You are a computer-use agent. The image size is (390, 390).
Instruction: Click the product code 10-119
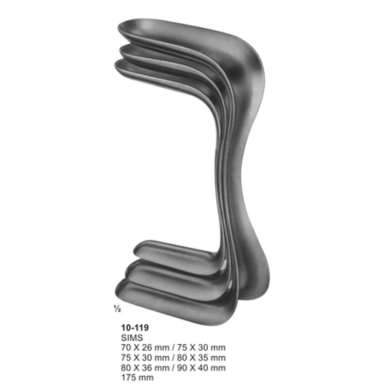click(135, 328)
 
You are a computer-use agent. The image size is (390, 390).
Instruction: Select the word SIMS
click(132, 337)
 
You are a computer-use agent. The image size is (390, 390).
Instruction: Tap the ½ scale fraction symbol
click(117, 309)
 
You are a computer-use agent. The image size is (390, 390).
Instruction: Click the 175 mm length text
click(137, 377)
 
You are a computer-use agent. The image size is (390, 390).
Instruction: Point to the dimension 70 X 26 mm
click(145, 347)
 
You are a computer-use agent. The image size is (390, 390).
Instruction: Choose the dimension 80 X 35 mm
click(201, 357)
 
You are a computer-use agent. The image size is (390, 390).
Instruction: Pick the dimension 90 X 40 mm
click(201, 368)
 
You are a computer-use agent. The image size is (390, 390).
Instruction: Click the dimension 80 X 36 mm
click(145, 368)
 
